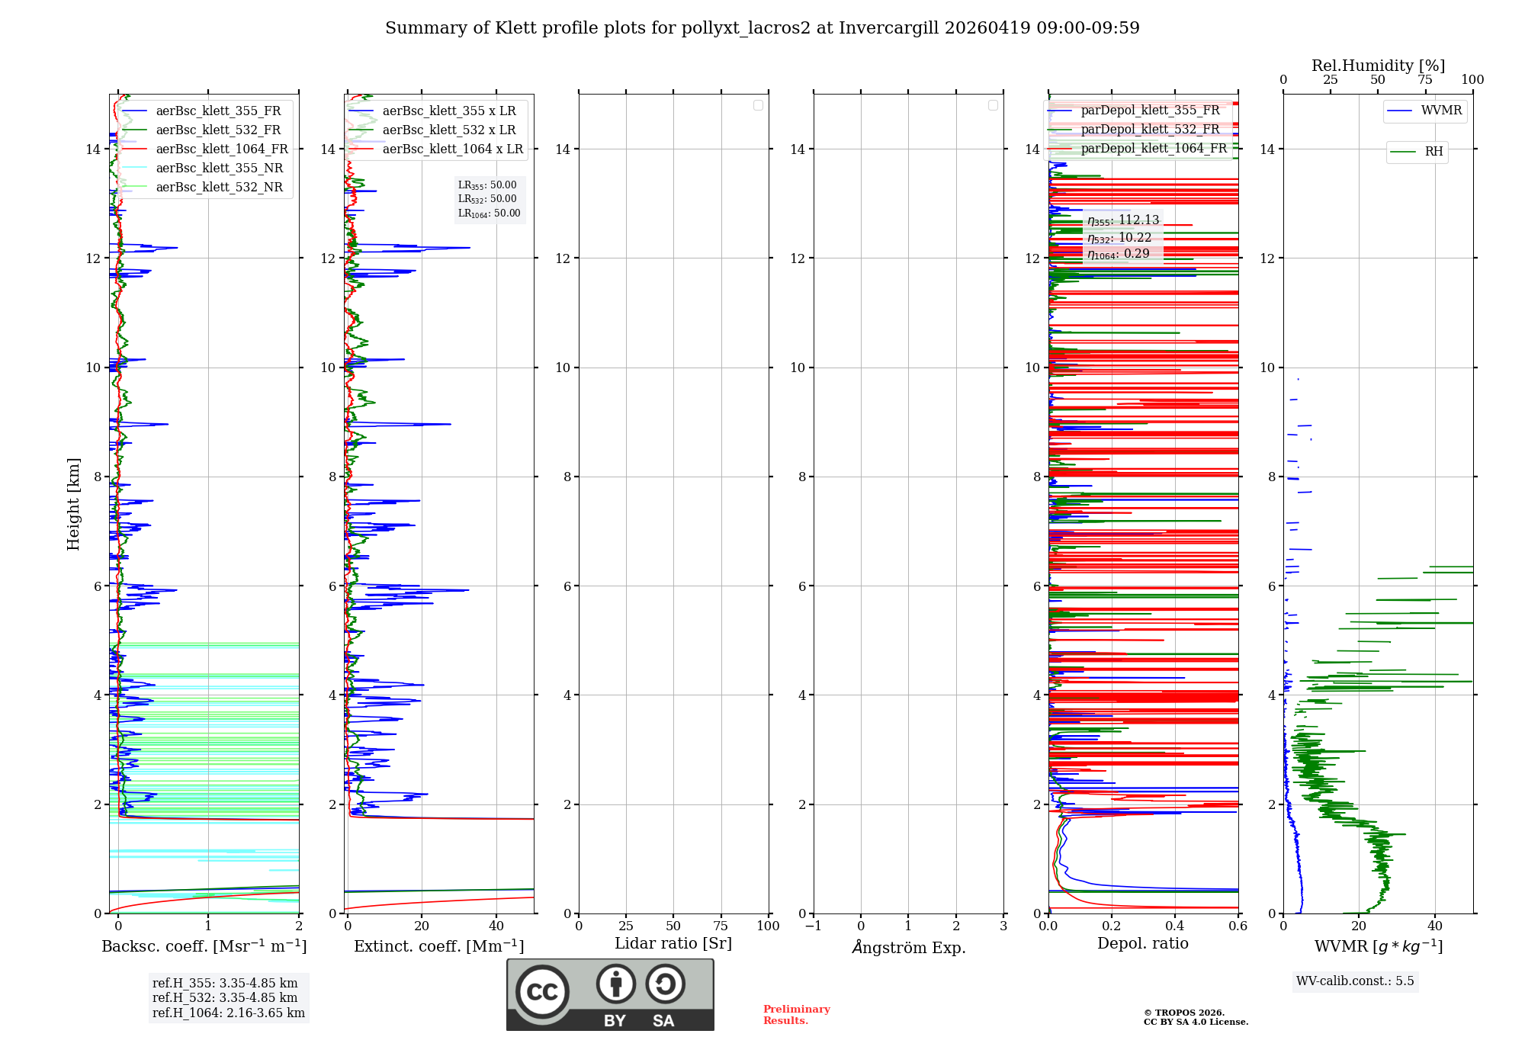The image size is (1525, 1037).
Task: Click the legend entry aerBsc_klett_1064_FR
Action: pyautogui.click(x=221, y=149)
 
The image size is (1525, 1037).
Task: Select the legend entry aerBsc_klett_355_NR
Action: pyautogui.click(x=219, y=169)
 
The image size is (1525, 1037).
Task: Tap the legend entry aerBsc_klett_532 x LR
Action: pyautogui.click(x=448, y=130)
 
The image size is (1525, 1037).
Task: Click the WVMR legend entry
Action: pyautogui.click(x=1440, y=111)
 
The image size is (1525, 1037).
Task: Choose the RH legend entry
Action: pyautogui.click(x=1433, y=152)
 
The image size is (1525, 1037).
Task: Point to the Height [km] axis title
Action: pyautogui.click(x=73, y=504)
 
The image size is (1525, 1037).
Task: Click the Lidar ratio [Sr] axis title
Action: pyautogui.click(x=673, y=944)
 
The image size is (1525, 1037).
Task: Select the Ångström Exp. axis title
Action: pyautogui.click(x=908, y=948)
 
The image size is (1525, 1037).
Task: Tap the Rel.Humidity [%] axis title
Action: pyautogui.click(x=1378, y=66)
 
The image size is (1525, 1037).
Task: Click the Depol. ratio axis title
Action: pyautogui.click(x=1142, y=944)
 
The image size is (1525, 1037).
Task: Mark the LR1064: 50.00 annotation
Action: pyautogui.click(x=489, y=213)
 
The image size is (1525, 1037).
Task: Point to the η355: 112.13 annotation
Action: pyautogui.click(x=1123, y=220)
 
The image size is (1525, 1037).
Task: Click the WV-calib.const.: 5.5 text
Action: pyautogui.click(x=1354, y=981)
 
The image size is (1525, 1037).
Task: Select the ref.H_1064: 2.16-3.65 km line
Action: pyautogui.click(x=228, y=1013)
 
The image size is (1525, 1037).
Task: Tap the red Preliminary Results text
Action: pyautogui.click(x=796, y=1015)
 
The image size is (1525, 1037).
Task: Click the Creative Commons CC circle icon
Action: pyautogui.click(x=542, y=992)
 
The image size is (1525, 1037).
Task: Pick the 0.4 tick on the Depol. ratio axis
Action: pyautogui.click(x=1175, y=926)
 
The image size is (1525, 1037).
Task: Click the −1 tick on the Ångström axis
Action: pyautogui.click(x=814, y=926)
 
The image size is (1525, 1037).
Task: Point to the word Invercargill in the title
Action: pyautogui.click(x=889, y=28)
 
